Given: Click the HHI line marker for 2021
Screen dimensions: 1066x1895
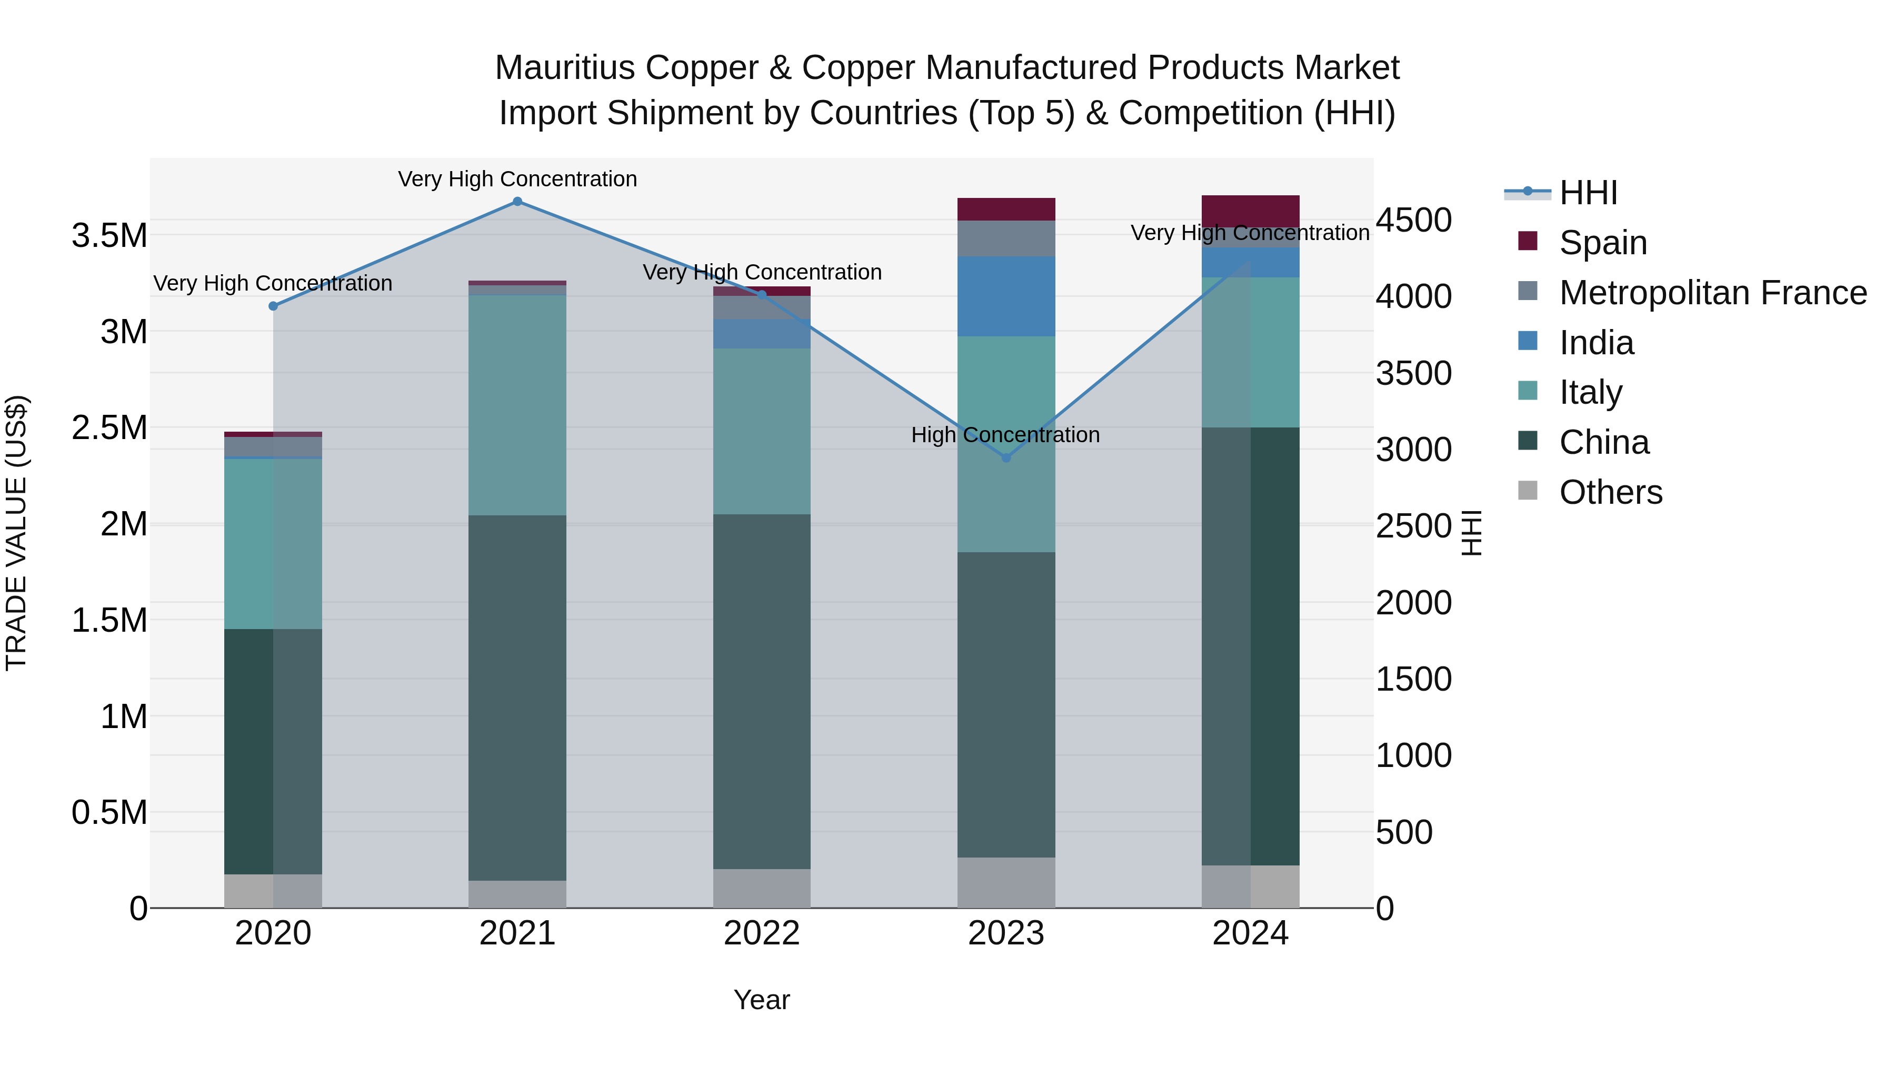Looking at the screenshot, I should pos(517,202).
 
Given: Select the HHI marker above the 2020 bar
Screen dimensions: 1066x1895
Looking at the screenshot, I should pos(273,306).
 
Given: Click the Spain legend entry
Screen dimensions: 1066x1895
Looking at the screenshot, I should pos(1602,243).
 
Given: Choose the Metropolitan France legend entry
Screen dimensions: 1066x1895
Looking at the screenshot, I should pos(1712,293).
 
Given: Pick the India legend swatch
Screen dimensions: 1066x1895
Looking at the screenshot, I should pos(1528,341).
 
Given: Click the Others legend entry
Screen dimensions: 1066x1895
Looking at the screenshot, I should pos(1610,492).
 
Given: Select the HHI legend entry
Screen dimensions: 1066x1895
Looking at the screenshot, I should pos(1588,193).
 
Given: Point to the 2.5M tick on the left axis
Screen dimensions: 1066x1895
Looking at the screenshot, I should pos(109,428).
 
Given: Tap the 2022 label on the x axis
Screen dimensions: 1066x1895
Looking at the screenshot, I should pos(761,933).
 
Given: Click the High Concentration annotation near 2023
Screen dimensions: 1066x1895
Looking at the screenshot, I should pos(1005,435).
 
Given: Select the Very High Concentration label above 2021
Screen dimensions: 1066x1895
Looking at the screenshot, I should pos(517,179).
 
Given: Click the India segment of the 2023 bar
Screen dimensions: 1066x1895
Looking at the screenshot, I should pos(1006,296).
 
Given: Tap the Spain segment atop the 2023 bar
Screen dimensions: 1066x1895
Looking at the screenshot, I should pos(1006,209).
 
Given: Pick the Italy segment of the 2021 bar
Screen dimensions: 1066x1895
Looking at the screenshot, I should pos(517,405).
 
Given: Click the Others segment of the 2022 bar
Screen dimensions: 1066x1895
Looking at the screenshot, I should pos(761,888).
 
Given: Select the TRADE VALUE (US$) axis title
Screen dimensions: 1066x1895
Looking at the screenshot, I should pos(16,533).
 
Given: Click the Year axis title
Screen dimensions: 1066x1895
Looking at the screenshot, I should pos(761,1000).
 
